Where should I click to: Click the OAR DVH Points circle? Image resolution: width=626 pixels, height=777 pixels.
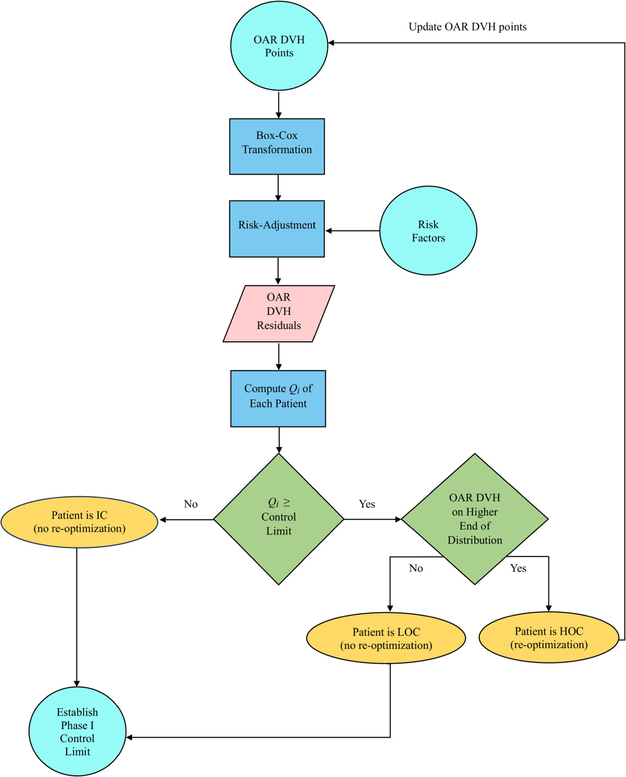(279, 46)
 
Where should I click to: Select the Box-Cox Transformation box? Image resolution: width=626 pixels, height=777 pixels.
(277, 146)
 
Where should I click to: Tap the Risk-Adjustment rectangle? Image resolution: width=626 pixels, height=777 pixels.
(277, 229)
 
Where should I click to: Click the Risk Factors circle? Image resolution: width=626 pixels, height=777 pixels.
(428, 231)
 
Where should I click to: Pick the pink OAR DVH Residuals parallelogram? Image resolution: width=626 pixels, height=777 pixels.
(278, 313)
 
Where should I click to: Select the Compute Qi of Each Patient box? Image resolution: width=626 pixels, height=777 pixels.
(278, 398)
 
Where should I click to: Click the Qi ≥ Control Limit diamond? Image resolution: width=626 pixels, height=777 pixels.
(278, 519)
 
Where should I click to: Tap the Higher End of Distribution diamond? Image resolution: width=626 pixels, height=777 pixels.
(474, 519)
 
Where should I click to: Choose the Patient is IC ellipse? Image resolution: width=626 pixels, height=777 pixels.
(79, 522)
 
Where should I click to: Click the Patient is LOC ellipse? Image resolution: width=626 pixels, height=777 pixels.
(386, 638)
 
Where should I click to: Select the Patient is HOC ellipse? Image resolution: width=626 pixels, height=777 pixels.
(548, 637)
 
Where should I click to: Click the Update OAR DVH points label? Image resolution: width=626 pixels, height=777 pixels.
(467, 27)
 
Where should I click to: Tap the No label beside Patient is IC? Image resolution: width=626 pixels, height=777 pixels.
(191, 504)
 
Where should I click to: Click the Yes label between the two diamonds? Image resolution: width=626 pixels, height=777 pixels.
(367, 504)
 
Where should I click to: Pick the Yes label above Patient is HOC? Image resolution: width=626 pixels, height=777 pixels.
(517, 568)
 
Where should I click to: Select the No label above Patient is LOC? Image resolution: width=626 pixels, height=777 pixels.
(415, 568)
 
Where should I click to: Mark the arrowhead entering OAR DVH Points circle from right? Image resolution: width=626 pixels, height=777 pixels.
(331, 43)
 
